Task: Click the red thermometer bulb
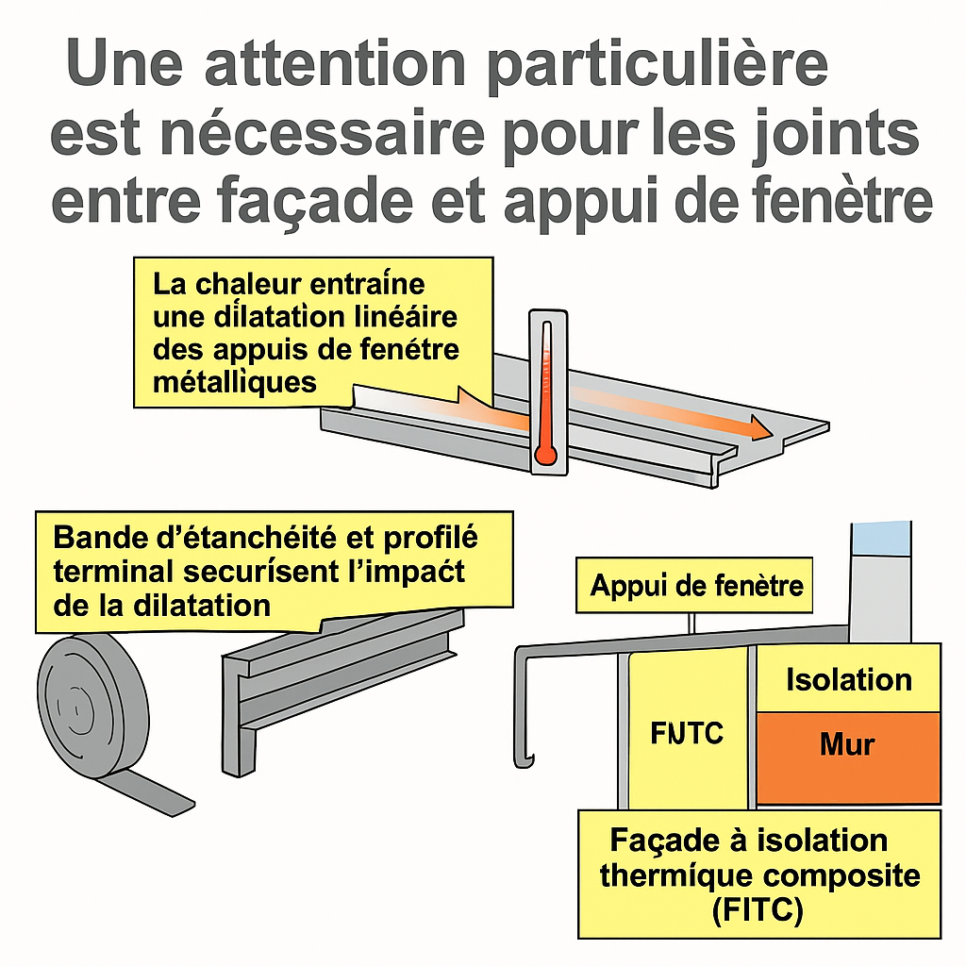click(x=545, y=455)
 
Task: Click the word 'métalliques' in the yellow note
click(x=235, y=382)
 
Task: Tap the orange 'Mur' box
click(x=848, y=758)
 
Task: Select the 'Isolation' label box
click(x=848, y=678)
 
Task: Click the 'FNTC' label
click(x=687, y=733)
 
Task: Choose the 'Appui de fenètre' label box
click(x=694, y=585)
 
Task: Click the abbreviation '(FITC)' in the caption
click(x=758, y=910)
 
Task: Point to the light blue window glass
click(x=880, y=539)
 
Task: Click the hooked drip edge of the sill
click(x=524, y=760)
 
